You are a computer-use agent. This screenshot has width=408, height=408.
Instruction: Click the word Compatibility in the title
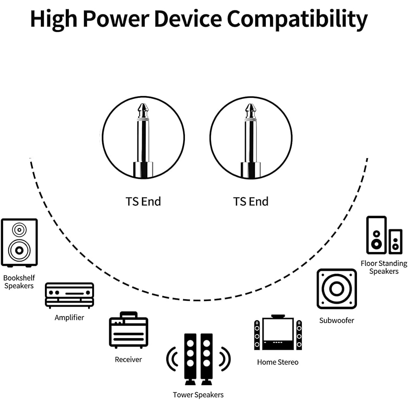click(297, 19)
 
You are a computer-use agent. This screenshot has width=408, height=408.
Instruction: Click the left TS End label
click(143, 201)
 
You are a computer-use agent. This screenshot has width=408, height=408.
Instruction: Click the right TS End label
click(251, 201)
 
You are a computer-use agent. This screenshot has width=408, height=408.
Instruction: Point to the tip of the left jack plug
click(143, 104)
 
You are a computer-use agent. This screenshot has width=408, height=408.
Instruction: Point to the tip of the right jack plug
click(251, 104)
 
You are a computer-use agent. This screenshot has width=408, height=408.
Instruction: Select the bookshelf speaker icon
click(19, 243)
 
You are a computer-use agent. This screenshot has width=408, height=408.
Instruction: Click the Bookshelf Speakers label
click(19, 282)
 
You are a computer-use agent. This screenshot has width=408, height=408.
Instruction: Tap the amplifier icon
click(69, 295)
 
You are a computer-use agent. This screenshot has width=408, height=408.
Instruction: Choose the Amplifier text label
click(69, 318)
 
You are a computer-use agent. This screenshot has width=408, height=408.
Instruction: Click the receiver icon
click(129, 330)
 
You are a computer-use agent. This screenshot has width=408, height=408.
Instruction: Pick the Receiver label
click(128, 359)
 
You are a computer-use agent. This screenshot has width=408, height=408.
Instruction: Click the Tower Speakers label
click(198, 395)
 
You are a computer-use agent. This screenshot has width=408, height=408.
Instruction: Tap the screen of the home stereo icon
click(278, 330)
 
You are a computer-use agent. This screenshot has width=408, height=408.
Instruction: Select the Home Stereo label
click(278, 362)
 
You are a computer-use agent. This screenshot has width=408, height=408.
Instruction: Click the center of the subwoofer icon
click(337, 289)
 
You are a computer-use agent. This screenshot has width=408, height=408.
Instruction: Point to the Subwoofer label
click(337, 321)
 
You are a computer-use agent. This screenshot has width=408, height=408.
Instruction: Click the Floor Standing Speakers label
click(384, 268)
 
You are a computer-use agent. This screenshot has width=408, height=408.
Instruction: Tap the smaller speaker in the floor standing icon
click(395, 242)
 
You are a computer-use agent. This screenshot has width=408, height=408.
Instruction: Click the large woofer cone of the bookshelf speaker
click(19, 251)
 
